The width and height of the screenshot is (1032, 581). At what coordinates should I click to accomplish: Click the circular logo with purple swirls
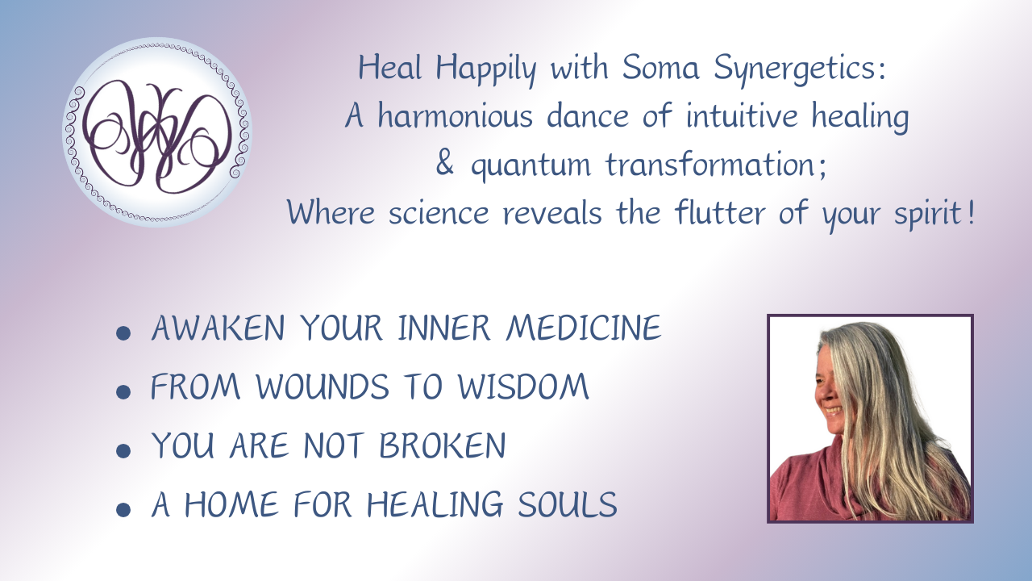(x=157, y=132)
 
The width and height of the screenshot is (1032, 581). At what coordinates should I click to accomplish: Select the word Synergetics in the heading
(x=799, y=70)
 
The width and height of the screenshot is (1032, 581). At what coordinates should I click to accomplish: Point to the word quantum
(x=531, y=166)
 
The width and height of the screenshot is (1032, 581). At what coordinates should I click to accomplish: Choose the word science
(x=439, y=212)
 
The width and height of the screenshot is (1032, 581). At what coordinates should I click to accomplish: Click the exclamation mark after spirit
(x=972, y=211)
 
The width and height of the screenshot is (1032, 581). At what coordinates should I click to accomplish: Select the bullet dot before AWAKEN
(x=123, y=333)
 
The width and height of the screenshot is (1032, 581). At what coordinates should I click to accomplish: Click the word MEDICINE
(x=584, y=328)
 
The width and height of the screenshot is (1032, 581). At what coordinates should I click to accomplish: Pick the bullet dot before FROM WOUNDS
(x=123, y=392)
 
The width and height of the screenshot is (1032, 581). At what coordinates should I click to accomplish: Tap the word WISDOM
(x=523, y=387)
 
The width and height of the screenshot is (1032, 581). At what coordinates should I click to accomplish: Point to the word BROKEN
(x=443, y=445)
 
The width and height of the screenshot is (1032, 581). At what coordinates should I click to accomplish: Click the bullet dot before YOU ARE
(x=123, y=450)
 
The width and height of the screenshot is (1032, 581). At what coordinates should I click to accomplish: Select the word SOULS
(x=567, y=504)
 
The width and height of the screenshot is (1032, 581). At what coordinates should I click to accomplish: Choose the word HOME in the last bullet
(x=231, y=504)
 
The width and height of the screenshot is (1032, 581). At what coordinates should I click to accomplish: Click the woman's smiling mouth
(x=833, y=410)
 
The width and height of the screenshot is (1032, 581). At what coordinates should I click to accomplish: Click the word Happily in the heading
(x=486, y=70)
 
